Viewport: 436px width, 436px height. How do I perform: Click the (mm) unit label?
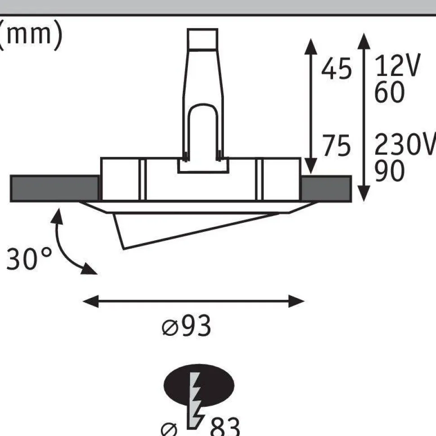tap(30, 35)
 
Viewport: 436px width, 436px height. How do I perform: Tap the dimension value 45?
tap(336, 68)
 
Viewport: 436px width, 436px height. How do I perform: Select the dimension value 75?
tap(336, 145)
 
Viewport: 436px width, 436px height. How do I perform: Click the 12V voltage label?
tap(397, 66)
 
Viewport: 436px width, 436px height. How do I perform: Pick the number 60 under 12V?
tap(389, 92)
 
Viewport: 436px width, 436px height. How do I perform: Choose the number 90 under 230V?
tap(389, 171)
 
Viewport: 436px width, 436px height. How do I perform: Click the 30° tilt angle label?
tap(29, 259)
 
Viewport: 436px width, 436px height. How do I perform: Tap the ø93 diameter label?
tap(186, 326)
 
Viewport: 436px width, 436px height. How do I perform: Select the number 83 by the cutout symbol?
tap(225, 427)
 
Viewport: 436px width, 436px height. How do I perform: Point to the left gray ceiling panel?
tap(54, 189)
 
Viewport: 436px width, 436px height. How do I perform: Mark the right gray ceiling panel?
tap(326, 189)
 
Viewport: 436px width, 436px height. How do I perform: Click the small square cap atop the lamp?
tap(202, 39)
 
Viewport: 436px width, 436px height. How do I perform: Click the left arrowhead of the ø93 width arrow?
tap(91, 301)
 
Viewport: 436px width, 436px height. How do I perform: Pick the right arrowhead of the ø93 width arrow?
tap(296, 301)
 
